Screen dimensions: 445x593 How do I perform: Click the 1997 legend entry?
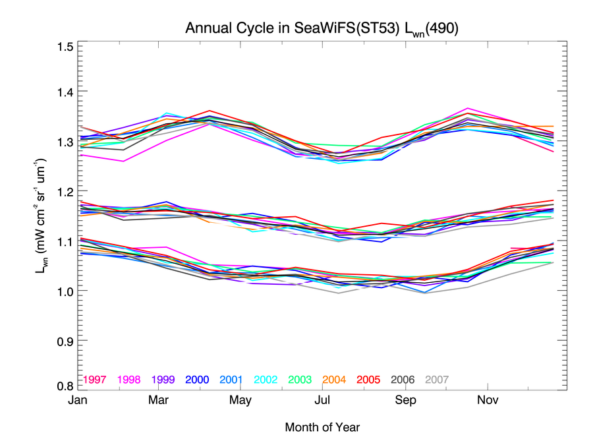[96, 380]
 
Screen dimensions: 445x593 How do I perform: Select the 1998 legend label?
[130, 380]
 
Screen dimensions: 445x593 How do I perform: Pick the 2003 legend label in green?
[300, 380]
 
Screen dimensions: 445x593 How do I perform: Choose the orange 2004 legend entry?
[335, 380]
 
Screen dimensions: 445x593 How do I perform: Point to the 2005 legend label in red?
[369, 380]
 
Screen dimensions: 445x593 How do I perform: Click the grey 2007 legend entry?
[437, 380]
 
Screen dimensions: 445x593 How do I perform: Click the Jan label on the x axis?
[77, 401]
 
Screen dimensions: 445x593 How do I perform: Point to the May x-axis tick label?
[240, 401]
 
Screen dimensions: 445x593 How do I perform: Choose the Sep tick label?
[405, 401]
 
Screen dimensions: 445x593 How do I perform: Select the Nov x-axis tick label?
[487, 401]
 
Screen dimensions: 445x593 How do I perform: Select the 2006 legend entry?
[403, 380]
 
